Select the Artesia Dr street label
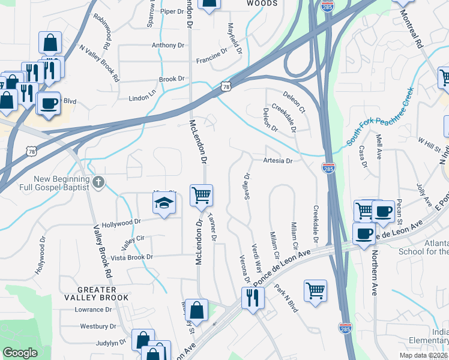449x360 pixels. click(277, 161)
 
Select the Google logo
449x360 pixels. click(20, 353)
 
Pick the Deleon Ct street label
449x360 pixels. click(294, 102)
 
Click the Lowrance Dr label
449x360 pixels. click(93, 310)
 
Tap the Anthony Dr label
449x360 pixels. click(167, 45)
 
